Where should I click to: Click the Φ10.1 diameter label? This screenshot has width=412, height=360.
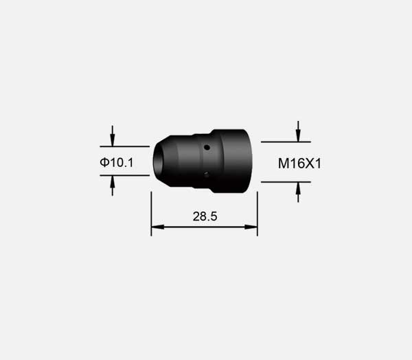[x=117, y=162]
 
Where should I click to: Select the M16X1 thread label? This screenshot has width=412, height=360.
[x=299, y=164]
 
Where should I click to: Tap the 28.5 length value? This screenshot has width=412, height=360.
[x=205, y=216]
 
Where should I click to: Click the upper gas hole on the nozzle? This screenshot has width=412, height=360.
[x=207, y=148]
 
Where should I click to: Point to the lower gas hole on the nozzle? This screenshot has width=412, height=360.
[x=207, y=175]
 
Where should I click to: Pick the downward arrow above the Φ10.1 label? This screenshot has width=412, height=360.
[x=113, y=136]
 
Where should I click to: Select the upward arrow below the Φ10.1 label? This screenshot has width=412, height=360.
[x=113, y=185]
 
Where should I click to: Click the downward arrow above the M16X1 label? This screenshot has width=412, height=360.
[x=298, y=131]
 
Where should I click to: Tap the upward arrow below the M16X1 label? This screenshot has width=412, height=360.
[x=298, y=192]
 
